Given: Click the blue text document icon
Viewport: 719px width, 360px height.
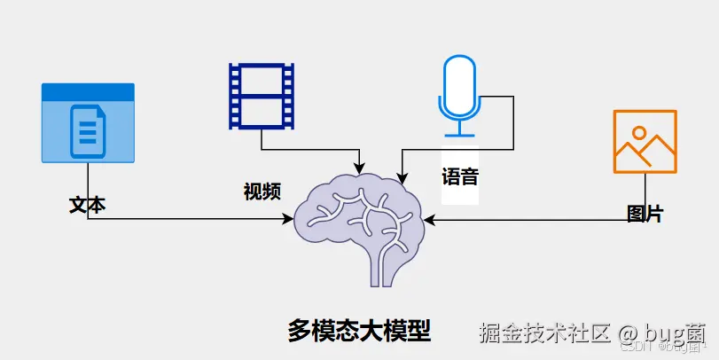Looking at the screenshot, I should pos(88,123).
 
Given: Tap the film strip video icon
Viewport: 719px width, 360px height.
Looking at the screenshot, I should pos(261,96).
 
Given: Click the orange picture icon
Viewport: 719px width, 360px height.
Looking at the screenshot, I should pos(645,142).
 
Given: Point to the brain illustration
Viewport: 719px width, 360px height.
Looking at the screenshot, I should pos(360,222).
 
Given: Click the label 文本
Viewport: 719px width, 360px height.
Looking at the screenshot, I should pos(87,205).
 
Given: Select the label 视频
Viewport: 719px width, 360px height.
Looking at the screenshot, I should pos(262,191).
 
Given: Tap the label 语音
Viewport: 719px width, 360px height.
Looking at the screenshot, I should pos(460,176).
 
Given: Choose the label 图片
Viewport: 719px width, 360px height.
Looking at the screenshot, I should pos(645,214).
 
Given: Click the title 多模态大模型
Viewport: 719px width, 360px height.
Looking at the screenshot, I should pos(359,331).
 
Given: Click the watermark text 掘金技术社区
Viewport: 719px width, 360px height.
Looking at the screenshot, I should pos(545,333).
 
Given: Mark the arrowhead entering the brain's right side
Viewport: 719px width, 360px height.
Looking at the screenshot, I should pos(429,221).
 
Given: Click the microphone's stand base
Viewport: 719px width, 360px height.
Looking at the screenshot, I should pos(460,136).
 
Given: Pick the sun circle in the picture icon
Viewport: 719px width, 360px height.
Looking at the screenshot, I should pos(636,133).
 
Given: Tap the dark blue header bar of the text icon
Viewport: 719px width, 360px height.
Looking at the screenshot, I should pos(88,91).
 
